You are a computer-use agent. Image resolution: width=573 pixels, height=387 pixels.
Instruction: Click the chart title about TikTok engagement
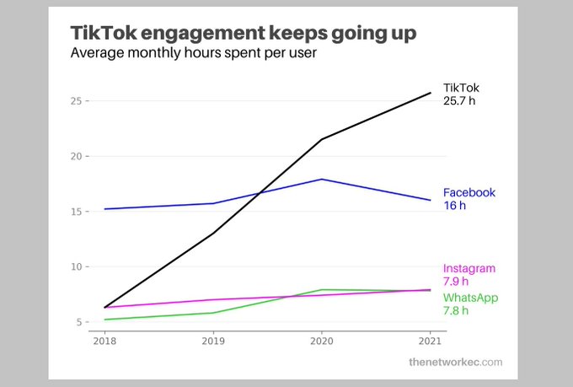point(243,34)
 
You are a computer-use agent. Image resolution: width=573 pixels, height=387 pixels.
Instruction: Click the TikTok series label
point(461,87)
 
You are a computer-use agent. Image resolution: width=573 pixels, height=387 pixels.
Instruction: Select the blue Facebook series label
point(469,192)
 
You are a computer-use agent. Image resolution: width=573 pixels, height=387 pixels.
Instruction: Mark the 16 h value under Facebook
point(455,205)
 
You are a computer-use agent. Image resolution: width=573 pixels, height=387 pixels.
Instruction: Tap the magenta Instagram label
point(469,268)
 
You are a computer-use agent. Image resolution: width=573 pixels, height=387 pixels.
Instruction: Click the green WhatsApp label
point(469,298)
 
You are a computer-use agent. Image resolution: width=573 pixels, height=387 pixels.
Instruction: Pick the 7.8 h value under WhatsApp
point(457,310)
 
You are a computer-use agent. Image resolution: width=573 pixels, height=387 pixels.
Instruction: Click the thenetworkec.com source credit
point(455,362)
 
